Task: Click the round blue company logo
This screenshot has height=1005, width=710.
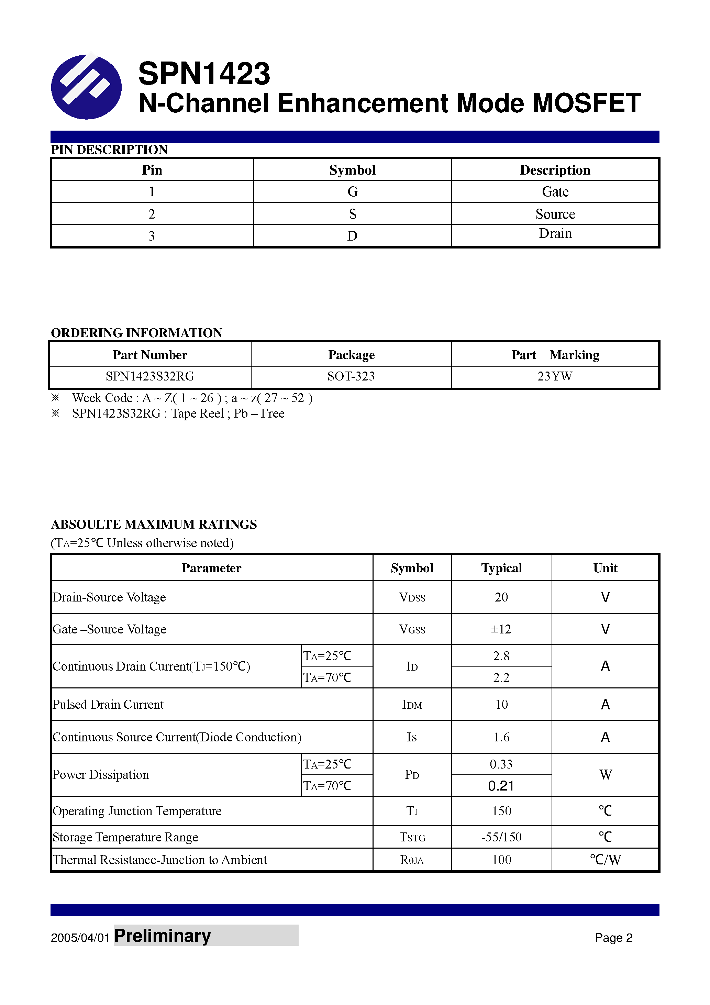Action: click(x=86, y=87)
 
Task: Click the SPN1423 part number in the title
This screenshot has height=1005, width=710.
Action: click(x=204, y=74)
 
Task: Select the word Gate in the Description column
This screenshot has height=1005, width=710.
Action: click(x=555, y=192)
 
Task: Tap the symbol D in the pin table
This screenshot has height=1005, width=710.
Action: click(x=352, y=236)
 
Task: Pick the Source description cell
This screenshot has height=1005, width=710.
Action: click(x=555, y=214)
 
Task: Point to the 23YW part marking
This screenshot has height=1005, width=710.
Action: click(x=555, y=376)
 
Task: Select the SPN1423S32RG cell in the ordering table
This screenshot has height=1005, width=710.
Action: click(x=150, y=376)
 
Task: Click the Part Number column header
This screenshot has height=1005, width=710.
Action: click(x=150, y=355)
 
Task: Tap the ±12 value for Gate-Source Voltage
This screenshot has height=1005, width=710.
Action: click(x=501, y=629)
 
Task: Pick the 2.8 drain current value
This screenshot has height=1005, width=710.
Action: click(x=501, y=656)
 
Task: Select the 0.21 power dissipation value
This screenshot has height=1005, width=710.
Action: click(x=501, y=786)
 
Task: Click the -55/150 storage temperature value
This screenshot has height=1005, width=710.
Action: click(x=501, y=837)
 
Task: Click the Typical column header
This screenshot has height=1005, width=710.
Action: click(x=501, y=568)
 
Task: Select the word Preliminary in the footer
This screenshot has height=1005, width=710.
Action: click(x=163, y=936)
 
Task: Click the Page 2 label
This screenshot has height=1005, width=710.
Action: click(x=613, y=938)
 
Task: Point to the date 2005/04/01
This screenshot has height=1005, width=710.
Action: click(x=80, y=938)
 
